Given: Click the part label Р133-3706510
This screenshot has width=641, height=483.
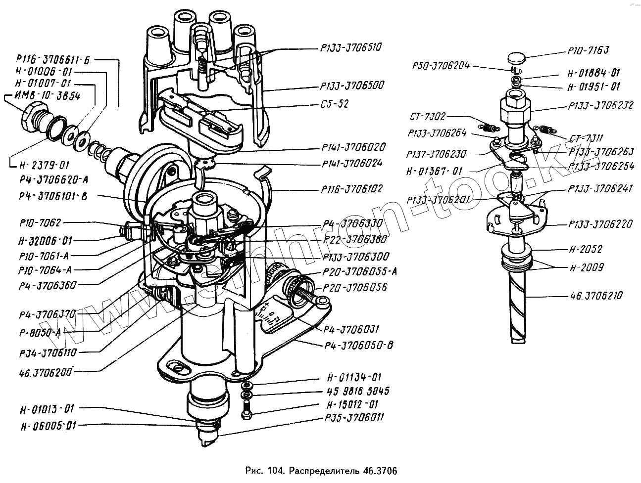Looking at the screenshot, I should coord(351,48).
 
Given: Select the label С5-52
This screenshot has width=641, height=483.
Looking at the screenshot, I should coord(335,104).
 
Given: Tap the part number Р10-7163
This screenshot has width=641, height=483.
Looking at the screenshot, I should coord(588,50).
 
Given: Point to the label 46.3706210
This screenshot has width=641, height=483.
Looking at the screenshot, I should coord(596,296).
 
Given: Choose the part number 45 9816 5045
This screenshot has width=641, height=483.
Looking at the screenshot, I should coord(358,391).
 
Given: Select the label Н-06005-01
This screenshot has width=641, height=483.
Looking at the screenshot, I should coord(49,426).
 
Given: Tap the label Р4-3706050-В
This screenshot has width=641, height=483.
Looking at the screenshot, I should coord(358,345).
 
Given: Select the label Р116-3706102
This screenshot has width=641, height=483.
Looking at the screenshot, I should coord(351,189).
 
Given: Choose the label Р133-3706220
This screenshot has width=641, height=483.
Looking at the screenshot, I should coord(600,224).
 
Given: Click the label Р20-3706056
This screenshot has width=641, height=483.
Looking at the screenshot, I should coord(354,287).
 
